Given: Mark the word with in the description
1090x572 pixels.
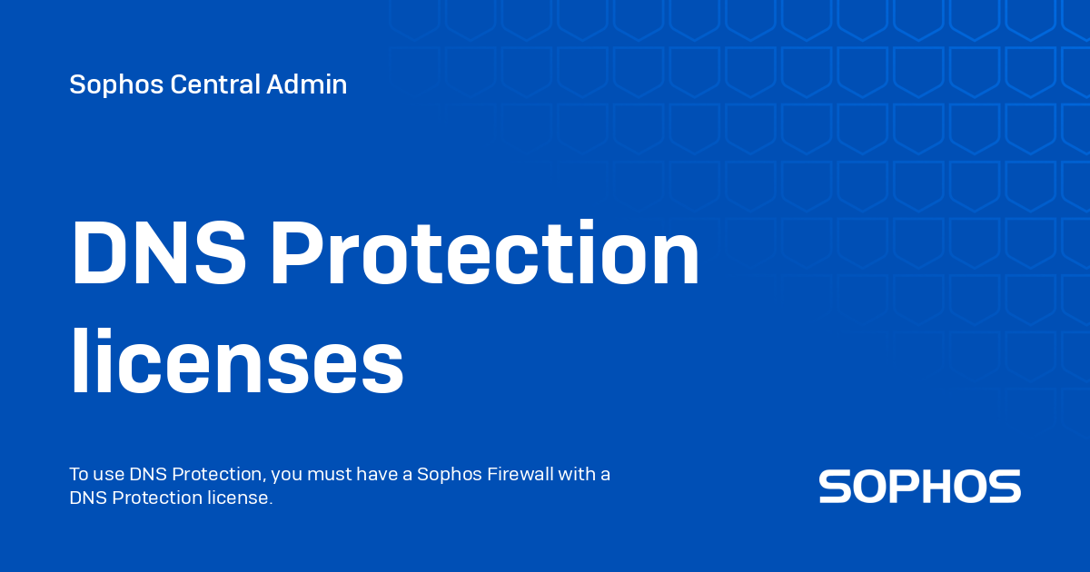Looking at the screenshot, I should point(576,475).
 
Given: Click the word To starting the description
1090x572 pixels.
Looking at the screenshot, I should point(79,475).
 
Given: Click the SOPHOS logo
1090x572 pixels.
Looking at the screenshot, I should point(920,487).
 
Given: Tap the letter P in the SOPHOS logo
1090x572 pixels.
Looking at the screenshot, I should point(898,487).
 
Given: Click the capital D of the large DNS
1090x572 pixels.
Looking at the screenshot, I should point(99,255).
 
